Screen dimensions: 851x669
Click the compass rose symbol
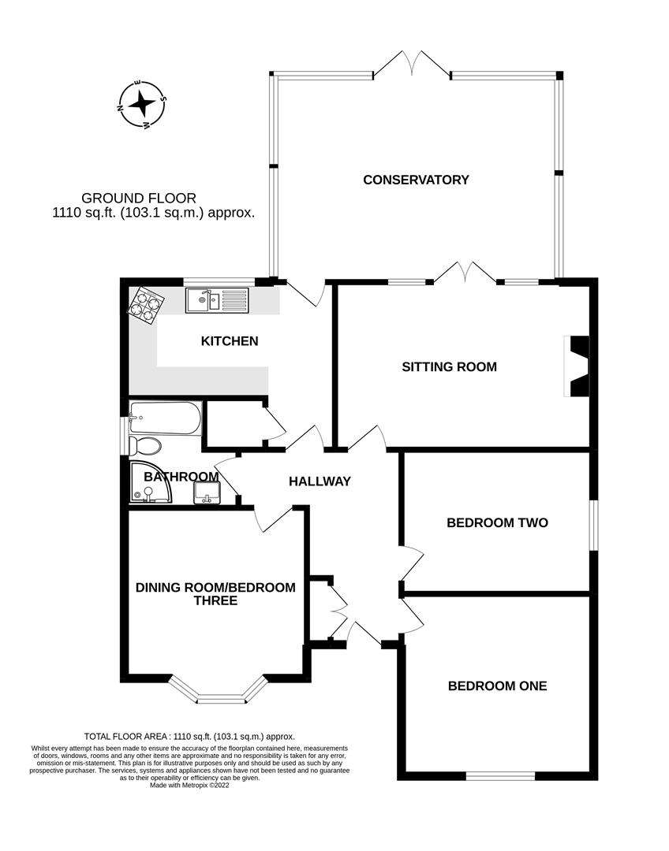142,103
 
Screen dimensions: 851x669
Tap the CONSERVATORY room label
416,180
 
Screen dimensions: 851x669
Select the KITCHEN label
230,341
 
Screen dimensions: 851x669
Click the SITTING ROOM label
449,366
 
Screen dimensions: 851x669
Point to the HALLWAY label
320,481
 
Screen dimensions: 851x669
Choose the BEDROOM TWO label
497,522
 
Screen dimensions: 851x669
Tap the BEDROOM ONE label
497,686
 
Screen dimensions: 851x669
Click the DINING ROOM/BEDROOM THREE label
215,593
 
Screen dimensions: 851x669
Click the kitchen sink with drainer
216,299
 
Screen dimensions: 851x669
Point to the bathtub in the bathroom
165,417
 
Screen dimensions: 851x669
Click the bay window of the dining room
220,694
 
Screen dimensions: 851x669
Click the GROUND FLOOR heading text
139,198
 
